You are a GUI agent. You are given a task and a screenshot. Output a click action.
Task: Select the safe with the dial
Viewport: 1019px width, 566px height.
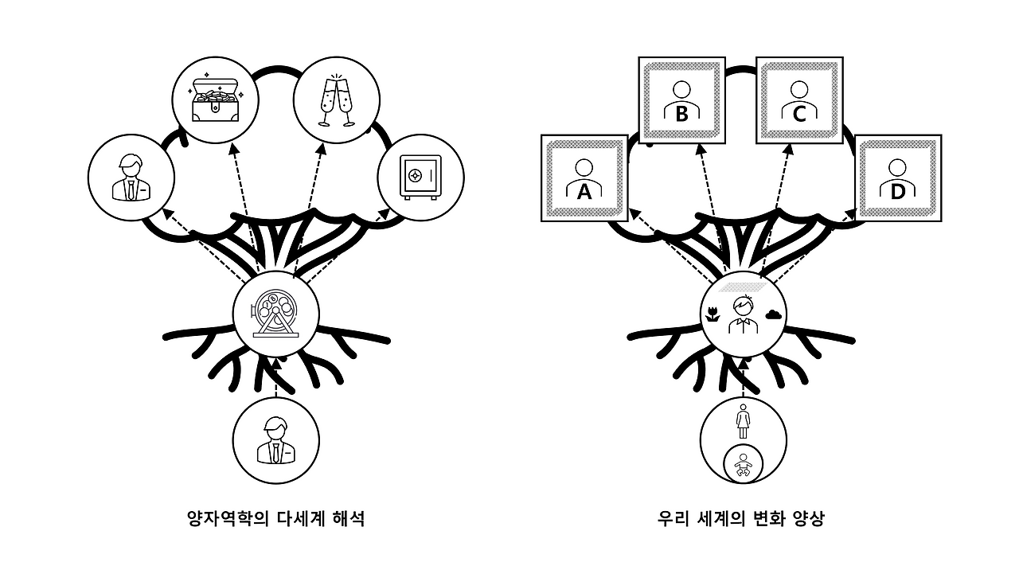click(420, 177)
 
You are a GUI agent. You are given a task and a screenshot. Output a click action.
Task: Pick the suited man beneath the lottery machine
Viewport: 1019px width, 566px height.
click(276, 440)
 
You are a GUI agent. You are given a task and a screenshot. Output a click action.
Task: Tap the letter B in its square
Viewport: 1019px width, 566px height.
click(681, 114)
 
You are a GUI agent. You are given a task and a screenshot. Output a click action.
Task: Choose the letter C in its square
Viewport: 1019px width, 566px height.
click(799, 114)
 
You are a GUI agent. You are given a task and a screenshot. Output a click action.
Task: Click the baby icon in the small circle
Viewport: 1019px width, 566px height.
click(744, 466)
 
